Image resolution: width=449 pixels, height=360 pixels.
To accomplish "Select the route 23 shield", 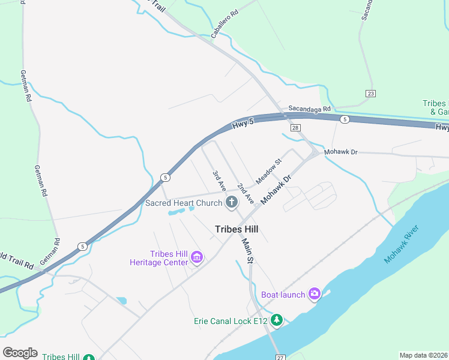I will click(x=371, y=94).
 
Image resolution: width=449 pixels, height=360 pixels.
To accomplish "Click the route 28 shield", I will click(x=295, y=128).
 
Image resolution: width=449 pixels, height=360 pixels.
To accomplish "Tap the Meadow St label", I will click(x=268, y=172).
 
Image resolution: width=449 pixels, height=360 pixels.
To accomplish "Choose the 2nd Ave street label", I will click(x=245, y=193).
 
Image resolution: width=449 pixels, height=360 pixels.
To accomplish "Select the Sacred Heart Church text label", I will click(x=184, y=203).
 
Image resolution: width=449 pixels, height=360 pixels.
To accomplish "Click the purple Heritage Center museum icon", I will click(x=196, y=258).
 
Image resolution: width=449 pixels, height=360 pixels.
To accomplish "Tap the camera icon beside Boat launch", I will click(x=315, y=293).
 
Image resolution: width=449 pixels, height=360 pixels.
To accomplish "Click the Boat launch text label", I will click(x=283, y=294).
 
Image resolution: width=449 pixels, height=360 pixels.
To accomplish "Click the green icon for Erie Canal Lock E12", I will click(x=276, y=320).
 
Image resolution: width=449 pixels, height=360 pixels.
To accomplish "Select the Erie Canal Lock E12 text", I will click(x=231, y=321).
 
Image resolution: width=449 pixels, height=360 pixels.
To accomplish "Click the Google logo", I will click(x=20, y=353).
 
